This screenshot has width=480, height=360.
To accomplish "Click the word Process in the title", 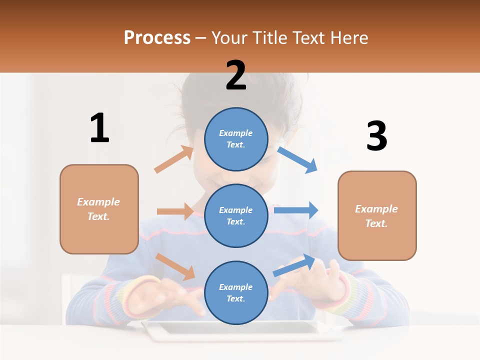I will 157,37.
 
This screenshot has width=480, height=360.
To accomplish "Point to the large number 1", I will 99,128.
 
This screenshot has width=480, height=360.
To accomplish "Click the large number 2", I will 236,75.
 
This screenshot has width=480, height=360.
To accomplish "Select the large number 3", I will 376,136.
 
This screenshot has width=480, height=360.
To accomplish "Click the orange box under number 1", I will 99,209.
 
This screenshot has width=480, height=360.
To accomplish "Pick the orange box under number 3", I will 377,215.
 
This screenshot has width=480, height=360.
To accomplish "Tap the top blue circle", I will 236,139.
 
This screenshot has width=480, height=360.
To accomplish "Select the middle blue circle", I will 236,215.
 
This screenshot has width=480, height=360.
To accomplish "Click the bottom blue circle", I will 236,292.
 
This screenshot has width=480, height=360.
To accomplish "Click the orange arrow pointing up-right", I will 174,159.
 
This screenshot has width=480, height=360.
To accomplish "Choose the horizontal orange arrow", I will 175,211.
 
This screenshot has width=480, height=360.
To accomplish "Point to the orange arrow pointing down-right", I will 175,266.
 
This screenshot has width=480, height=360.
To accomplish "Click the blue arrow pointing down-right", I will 297,159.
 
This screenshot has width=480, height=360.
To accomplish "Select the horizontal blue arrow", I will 296,210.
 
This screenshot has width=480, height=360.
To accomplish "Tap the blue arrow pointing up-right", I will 294,265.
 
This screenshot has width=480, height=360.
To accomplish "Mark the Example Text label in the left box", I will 98,209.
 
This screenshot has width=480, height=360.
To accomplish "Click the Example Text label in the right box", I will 376,216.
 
